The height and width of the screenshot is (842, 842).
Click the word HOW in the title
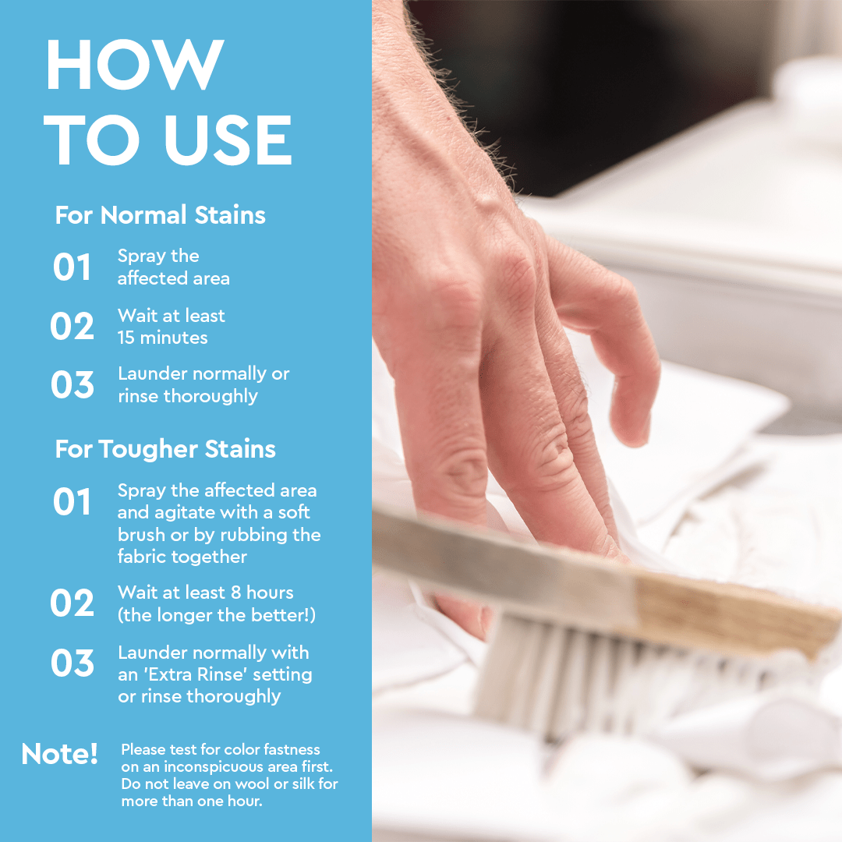click(135, 65)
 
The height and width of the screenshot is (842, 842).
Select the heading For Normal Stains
click(160, 215)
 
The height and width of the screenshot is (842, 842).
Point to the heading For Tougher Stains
click(165, 449)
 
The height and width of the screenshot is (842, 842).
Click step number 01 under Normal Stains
click(73, 267)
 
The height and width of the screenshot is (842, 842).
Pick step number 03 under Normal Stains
click(73, 385)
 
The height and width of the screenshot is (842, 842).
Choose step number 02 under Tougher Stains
click(73, 603)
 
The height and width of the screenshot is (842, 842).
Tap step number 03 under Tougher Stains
click(73, 663)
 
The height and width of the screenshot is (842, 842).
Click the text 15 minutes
click(162, 338)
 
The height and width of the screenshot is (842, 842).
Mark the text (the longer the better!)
click(217, 614)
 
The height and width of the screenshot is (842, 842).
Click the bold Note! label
click(60, 754)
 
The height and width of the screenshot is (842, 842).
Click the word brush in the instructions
click(141, 535)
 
